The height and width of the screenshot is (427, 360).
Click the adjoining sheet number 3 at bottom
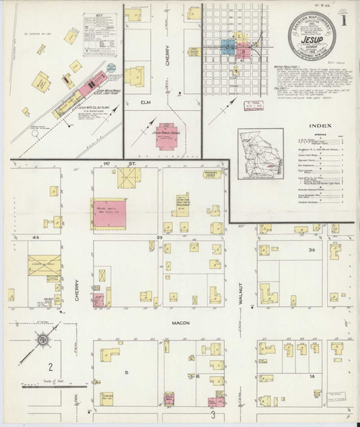[x=213, y=414]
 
